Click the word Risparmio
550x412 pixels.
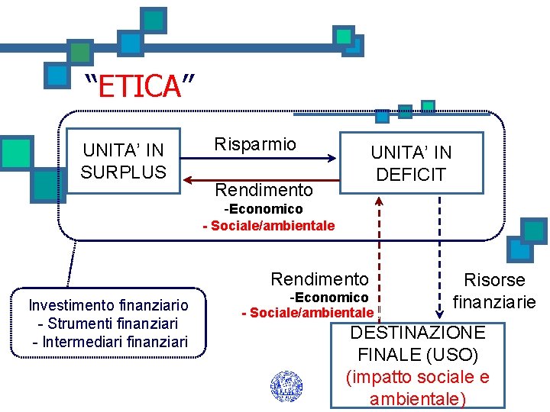(255, 144)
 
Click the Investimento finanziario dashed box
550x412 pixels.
(108, 323)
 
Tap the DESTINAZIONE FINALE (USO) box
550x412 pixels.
(417, 365)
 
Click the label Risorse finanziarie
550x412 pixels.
(494, 291)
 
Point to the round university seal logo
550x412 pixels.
(286, 386)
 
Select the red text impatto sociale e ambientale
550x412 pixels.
(417, 388)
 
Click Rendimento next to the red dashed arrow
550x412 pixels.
(319, 279)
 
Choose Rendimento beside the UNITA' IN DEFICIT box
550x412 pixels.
(264, 189)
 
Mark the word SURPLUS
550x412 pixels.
(123, 172)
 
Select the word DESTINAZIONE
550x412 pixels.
(417, 333)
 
